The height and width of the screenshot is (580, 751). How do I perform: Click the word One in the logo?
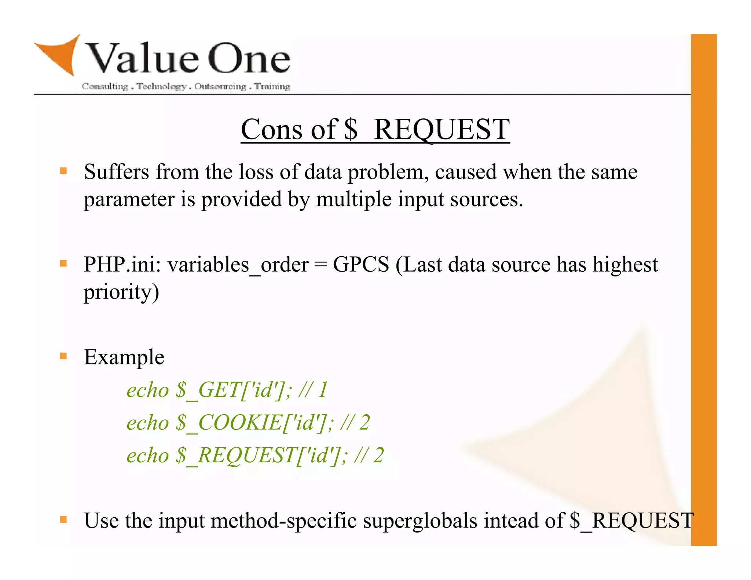pyautogui.click(x=249, y=59)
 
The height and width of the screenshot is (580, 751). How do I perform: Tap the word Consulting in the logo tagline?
pyautogui.click(x=105, y=87)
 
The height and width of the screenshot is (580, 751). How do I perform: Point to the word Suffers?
pyautogui.click(x=116, y=172)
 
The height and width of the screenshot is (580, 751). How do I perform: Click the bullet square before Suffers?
pyautogui.click(x=63, y=171)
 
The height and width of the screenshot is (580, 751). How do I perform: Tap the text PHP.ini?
pyautogui.click(x=122, y=264)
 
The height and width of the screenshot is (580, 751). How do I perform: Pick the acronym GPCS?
pyautogui.click(x=361, y=264)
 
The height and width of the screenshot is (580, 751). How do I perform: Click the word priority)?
pyautogui.click(x=121, y=292)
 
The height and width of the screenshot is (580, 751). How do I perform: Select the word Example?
pyautogui.click(x=124, y=357)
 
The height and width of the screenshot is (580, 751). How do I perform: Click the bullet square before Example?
pyautogui.click(x=63, y=356)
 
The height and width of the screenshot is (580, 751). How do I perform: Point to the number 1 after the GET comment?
pyautogui.click(x=323, y=390)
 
